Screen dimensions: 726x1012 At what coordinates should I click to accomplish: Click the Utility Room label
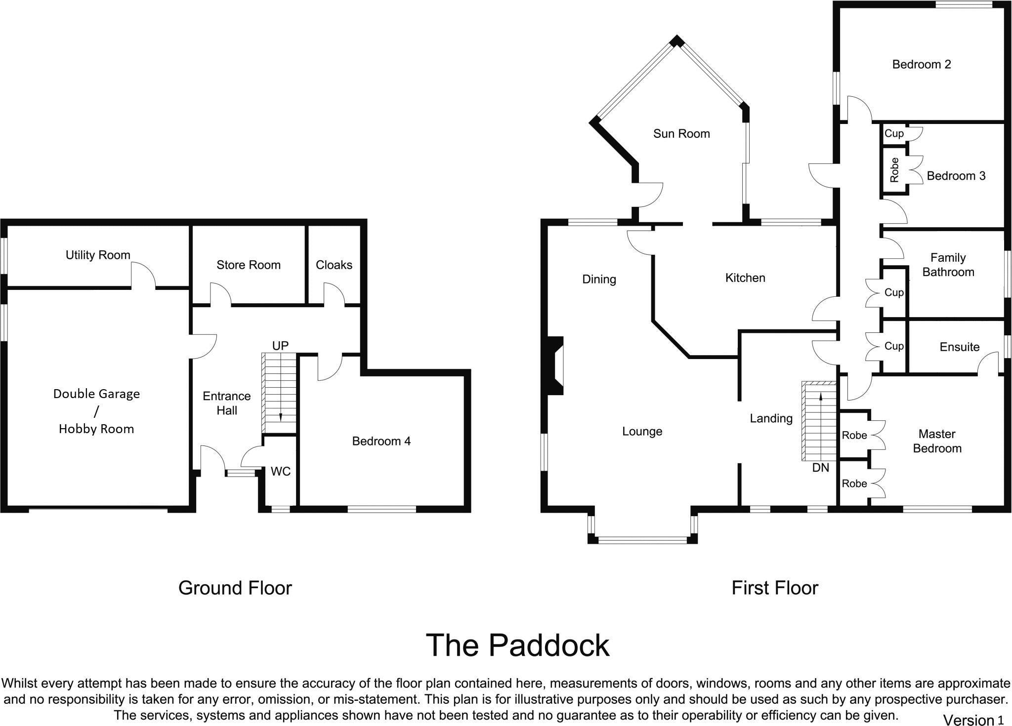tap(98, 255)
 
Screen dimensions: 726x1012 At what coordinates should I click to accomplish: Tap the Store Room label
tap(248, 265)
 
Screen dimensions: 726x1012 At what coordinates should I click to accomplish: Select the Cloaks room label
tap(334, 265)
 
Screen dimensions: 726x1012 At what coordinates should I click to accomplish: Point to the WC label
tap(280, 472)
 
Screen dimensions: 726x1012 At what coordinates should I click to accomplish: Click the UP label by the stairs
tap(280, 346)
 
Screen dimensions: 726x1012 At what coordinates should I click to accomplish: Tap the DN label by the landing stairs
tap(820, 467)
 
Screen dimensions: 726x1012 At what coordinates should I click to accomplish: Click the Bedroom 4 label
tap(381, 441)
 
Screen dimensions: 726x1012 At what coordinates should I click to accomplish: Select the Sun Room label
tap(681, 133)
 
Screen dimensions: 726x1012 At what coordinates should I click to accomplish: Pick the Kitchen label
tap(745, 278)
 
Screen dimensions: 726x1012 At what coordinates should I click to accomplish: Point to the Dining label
tap(599, 279)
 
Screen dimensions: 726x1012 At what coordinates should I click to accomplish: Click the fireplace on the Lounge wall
tap(556, 365)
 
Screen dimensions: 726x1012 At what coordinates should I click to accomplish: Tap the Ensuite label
tap(959, 347)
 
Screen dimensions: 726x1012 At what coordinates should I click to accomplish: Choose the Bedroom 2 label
tap(921, 64)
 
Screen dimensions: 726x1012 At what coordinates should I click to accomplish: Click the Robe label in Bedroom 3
tap(894, 170)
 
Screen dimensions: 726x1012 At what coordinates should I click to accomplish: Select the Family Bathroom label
tap(948, 265)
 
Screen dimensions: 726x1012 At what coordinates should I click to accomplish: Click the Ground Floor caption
tap(235, 588)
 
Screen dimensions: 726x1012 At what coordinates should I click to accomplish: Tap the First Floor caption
tap(774, 588)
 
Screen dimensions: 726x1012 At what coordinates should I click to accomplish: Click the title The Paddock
tap(517, 645)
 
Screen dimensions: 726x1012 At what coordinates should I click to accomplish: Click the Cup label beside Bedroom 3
tap(893, 133)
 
